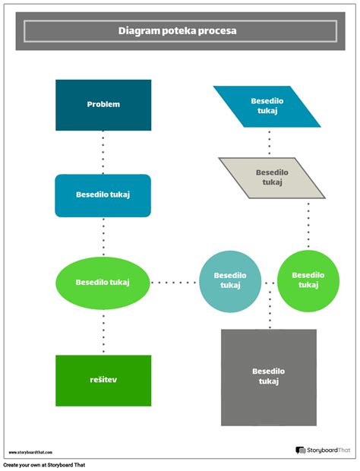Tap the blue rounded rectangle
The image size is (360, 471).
pyautogui.click(x=103, y=195)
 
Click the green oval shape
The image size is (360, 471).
pyautogui.click(x=103, y=282)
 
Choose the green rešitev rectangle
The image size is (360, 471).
pyautogui.click(x=103, y=380)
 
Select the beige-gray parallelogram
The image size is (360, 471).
pyautogui.click(x=272, y=177)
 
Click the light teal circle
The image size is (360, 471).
pyautogui.click(x=230, y=281)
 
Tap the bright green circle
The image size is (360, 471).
pyautogui.click(x=308, y=281)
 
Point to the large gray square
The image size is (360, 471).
pyautogui.click(x=269, y=377)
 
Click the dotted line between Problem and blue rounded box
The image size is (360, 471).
pyautogui.click(x=103, y=152)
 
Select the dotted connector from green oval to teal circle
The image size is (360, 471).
pyautogui.click(x=175, y=282)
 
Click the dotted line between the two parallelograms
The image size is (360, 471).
pyautogui.click(x=269, y=142)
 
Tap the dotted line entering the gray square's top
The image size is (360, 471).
pyautogui.click(x=269, y=308)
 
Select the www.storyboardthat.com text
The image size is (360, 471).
pyautogui.click(x=30, y=452)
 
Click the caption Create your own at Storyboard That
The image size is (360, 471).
pyautogui.click(x=44, y=465)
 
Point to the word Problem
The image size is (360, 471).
pyautogui.click(x=103, y=104)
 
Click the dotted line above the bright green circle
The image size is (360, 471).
pyautogui.click(x=308, y=224)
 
